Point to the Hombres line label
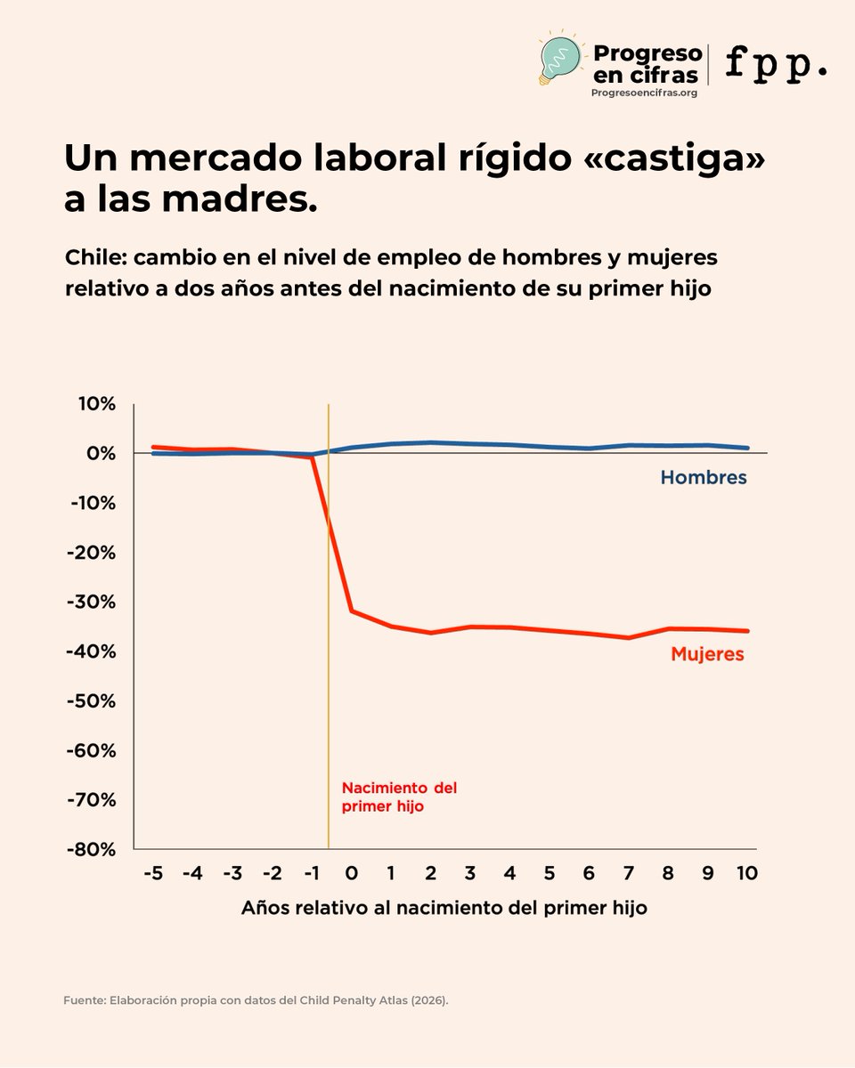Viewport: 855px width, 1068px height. tap(703, 478)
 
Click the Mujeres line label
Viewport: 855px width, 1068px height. tap(707, 654)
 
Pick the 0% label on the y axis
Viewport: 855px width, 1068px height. tap(102, 453)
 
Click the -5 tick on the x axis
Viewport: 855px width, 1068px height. tap(152, 874)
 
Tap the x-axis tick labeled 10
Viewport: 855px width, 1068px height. tap(747, 874)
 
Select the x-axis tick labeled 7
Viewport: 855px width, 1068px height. tap(629, 874)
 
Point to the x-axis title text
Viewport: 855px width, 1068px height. tap(444, 909)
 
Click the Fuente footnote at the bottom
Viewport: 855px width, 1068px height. tap(256, 1000)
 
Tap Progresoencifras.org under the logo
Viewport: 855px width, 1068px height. tap(644, 93)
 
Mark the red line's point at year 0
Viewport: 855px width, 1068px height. tap(352, 611)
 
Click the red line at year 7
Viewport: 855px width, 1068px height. tap(629, 637)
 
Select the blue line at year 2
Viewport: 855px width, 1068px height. tap(431, 442)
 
